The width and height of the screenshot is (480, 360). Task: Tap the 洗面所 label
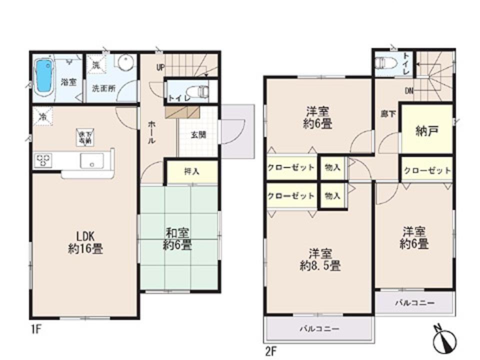pos(103,87)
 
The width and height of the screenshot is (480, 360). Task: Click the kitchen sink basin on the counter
pos(92,161)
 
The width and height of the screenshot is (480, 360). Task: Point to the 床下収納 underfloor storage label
pos(83,137)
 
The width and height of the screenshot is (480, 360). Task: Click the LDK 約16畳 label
pos(85,242)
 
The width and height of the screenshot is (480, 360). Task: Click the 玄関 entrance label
pos(198,134)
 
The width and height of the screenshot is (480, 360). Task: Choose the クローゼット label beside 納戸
pos(427,170)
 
